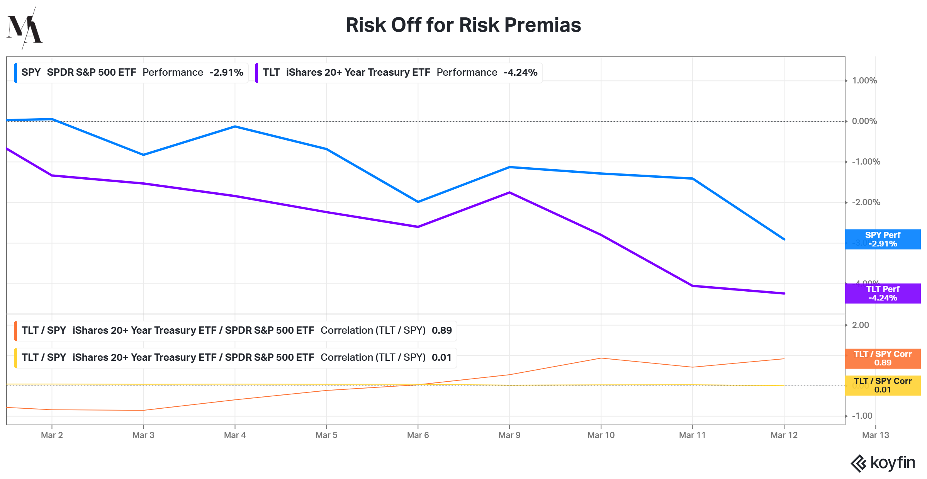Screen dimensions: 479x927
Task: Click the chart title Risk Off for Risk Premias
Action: click(463, 25)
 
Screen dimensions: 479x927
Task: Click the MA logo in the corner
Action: click(24, 28)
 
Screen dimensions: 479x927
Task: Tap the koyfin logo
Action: click(883, 463)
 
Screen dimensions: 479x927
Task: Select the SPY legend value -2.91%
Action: click(226, 73)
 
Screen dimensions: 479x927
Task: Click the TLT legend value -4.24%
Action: click(520, 73)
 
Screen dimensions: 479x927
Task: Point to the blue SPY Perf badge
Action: click(883, 239)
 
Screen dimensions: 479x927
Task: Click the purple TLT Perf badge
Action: click(883, 294)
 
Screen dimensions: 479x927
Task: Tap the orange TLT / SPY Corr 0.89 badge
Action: click(883, 358)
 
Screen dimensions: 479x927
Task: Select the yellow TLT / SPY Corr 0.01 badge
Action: click(883, 386)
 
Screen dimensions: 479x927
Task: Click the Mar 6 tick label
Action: click(418, 435)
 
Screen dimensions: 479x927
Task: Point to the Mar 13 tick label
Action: click(875, 435)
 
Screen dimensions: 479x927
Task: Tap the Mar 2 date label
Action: click(52, 435)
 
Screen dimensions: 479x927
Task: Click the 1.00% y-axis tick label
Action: click(864, 81)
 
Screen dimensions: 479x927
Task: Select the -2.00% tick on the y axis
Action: click(866, 202)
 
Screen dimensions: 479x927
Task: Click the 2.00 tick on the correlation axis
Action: click(861, 325)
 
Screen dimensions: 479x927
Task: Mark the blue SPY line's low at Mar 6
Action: click(418, 202)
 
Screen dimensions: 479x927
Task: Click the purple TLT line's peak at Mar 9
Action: click(509, 192)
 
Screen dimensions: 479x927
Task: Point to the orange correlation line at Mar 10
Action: click(601, 358)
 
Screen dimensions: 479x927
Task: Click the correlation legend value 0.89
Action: click(441, 331)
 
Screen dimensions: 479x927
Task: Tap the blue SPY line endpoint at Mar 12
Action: click(784, 239)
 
